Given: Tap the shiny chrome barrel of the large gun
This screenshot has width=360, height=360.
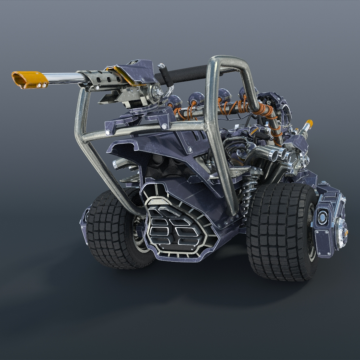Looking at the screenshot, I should pos(63,78).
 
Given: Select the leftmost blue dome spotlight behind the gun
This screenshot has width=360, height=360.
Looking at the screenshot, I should pos(174,101).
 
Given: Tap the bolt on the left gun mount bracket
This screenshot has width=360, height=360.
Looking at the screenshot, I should pos(108,132).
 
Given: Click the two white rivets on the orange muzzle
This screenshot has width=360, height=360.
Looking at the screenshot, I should pos(42,85).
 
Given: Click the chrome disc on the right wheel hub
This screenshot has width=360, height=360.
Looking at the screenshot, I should pos(342,233).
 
